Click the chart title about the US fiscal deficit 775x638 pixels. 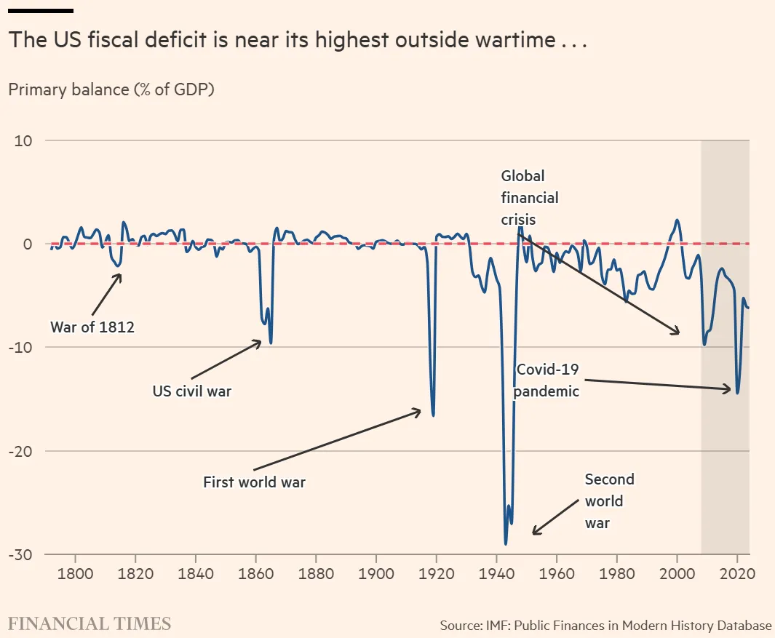(297, 40)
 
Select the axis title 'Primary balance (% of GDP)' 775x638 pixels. (111, 89)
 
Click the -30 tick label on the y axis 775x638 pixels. (22, 554)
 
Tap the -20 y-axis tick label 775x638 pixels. (22, 451)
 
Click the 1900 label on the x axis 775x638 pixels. (376, 572)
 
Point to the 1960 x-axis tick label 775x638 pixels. (557, 572)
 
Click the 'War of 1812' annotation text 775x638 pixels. (92, 327)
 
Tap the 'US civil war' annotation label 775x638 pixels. (191, 391)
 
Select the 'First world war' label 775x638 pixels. (254, 482)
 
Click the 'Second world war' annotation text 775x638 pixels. (609, 501)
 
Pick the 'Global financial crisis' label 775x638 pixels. (530, 197)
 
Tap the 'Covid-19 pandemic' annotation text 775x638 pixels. (547, 380)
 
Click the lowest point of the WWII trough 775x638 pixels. (505, 543)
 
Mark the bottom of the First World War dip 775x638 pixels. (434, 415)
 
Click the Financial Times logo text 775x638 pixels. (90, 623)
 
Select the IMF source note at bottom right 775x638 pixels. (605, 626)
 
